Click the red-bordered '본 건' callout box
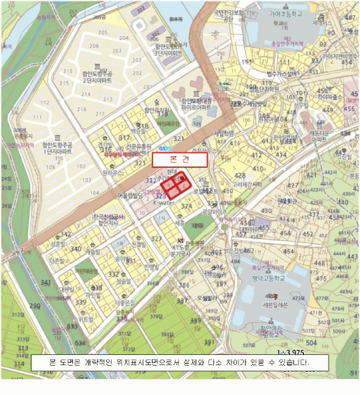tap(179, 160)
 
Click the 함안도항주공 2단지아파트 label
tap(98, 77)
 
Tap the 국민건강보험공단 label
tap(227, 15)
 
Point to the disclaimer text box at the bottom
tap(179, 362)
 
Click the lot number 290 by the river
tap(35, 306)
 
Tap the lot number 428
tap(241, 176)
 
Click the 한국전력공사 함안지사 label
tap(107, 220)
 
